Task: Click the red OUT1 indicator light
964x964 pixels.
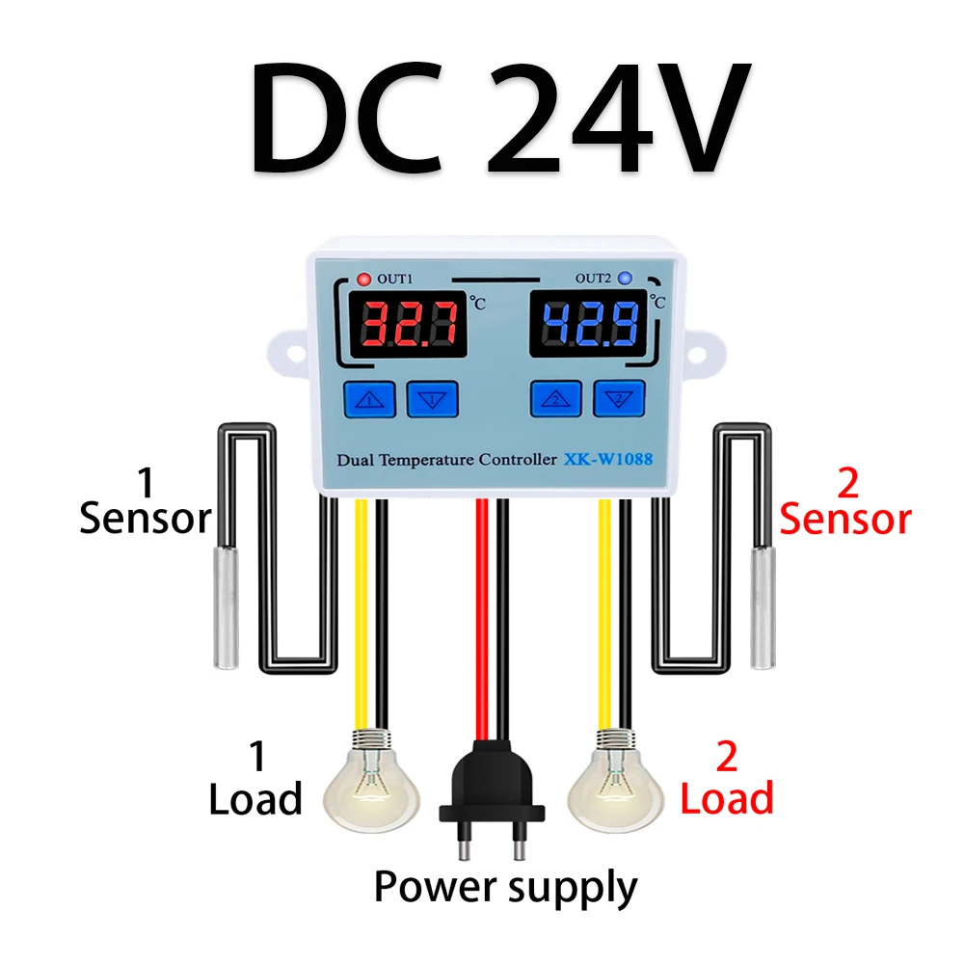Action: point(363,280)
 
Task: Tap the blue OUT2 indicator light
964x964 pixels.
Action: point(625,280)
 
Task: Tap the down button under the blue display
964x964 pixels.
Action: point(618,397)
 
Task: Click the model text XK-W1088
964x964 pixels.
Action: point(607,460)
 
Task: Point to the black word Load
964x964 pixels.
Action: point(255,799)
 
